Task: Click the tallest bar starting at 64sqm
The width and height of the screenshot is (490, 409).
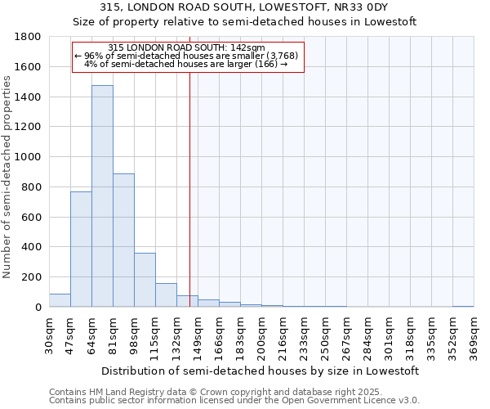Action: (x=102, y=196)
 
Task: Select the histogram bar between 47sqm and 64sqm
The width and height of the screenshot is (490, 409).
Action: (x=81, y=249)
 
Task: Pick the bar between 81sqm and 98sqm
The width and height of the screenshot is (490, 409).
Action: (x=123, y=240)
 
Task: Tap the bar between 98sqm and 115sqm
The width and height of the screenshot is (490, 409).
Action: (x=145, y=280)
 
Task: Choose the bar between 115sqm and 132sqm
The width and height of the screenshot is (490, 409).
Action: (x=166, y=295)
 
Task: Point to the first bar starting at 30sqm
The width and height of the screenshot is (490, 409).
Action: (x=60, y=300)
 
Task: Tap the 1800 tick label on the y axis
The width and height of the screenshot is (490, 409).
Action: (x=29, y=37)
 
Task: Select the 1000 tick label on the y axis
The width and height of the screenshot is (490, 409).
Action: (x=29, y=157)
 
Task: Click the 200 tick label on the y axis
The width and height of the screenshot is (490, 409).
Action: (x=32, y=277)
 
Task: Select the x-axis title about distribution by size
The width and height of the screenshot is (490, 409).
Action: (x=261, y=371)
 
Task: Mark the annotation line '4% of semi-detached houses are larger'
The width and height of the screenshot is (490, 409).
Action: (x=186, y=64)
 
